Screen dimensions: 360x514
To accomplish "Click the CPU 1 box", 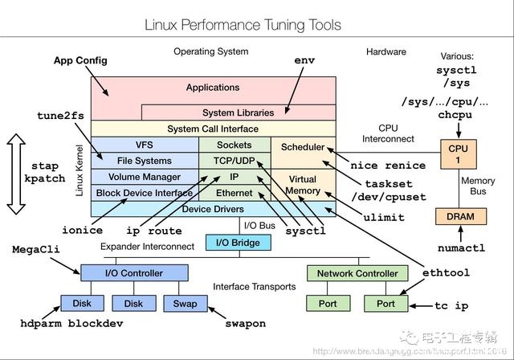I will (x=458, y=153).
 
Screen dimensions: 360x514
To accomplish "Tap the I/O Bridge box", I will (x=234, y=242).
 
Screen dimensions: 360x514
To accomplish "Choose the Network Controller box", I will (x=357, y=273).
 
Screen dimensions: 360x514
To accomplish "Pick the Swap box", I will (x=186, y=304).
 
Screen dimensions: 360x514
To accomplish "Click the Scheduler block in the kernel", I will (x=303, y=147).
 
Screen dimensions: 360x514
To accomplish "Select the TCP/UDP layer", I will (x=235, y=160).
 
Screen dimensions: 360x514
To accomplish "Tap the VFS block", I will (x=145, y=145).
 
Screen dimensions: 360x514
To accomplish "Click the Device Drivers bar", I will (x=213, y=209).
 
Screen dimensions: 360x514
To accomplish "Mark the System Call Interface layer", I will (x=213, y=129).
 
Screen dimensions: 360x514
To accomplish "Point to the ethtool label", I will (x=446, y=273).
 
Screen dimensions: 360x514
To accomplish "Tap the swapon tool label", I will (x=243, y=324).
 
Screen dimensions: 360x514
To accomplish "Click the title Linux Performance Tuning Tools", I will (x=243, y=25).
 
